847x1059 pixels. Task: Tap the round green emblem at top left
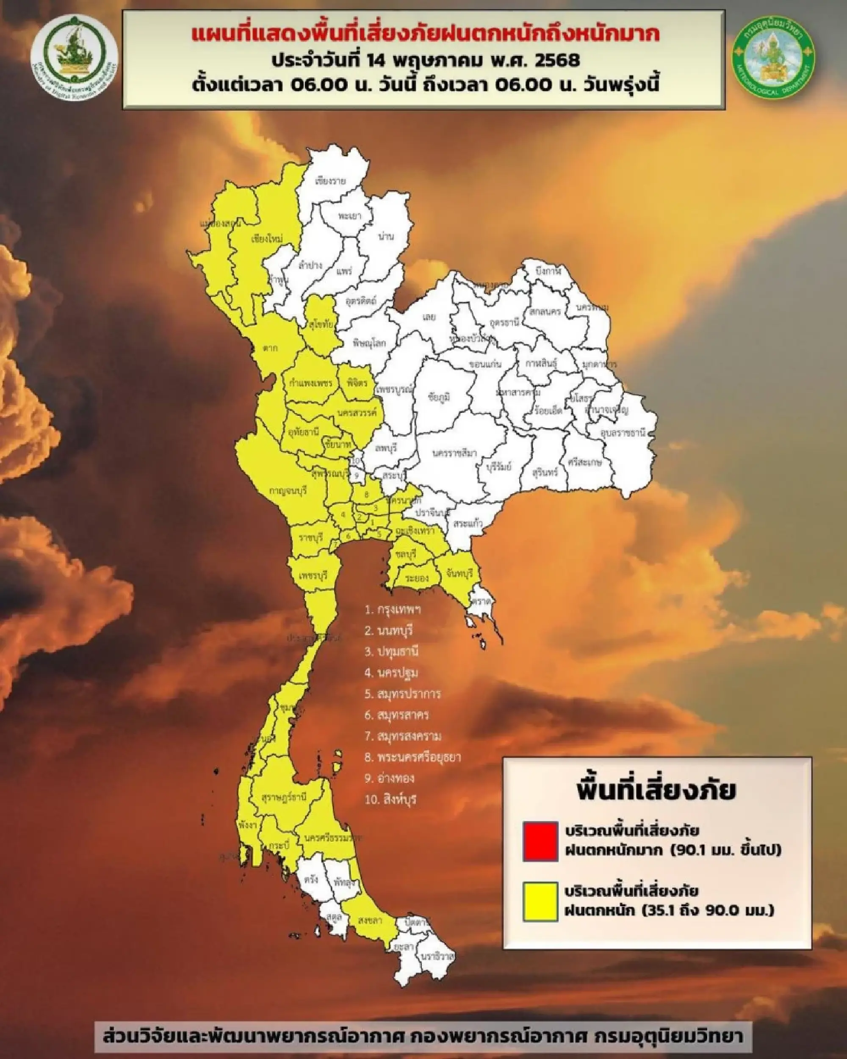[x=74, y=58]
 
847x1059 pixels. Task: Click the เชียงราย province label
[x=330, y=181]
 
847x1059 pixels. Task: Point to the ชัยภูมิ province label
[x=439, y=397]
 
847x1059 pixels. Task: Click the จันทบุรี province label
[x=460, y=573]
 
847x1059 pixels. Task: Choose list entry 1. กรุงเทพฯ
[x=393, y=610]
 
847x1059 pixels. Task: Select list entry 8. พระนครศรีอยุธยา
[x=412, y=757]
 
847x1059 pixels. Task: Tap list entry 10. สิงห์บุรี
[x=390, y=799]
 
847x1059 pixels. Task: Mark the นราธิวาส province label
[x=437, y=957]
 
